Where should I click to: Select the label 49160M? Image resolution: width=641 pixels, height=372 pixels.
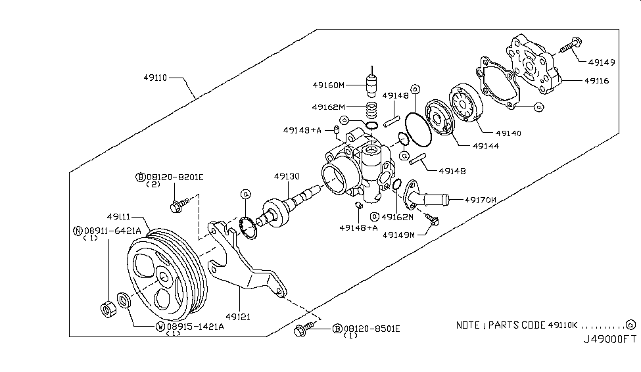329,85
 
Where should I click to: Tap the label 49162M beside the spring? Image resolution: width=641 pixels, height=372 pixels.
328,106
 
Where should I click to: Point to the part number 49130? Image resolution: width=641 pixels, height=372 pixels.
287,177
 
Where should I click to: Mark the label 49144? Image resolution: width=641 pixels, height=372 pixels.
485,146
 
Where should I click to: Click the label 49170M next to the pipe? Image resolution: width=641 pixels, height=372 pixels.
481,199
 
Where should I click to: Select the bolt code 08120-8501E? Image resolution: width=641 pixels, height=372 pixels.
371,328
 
